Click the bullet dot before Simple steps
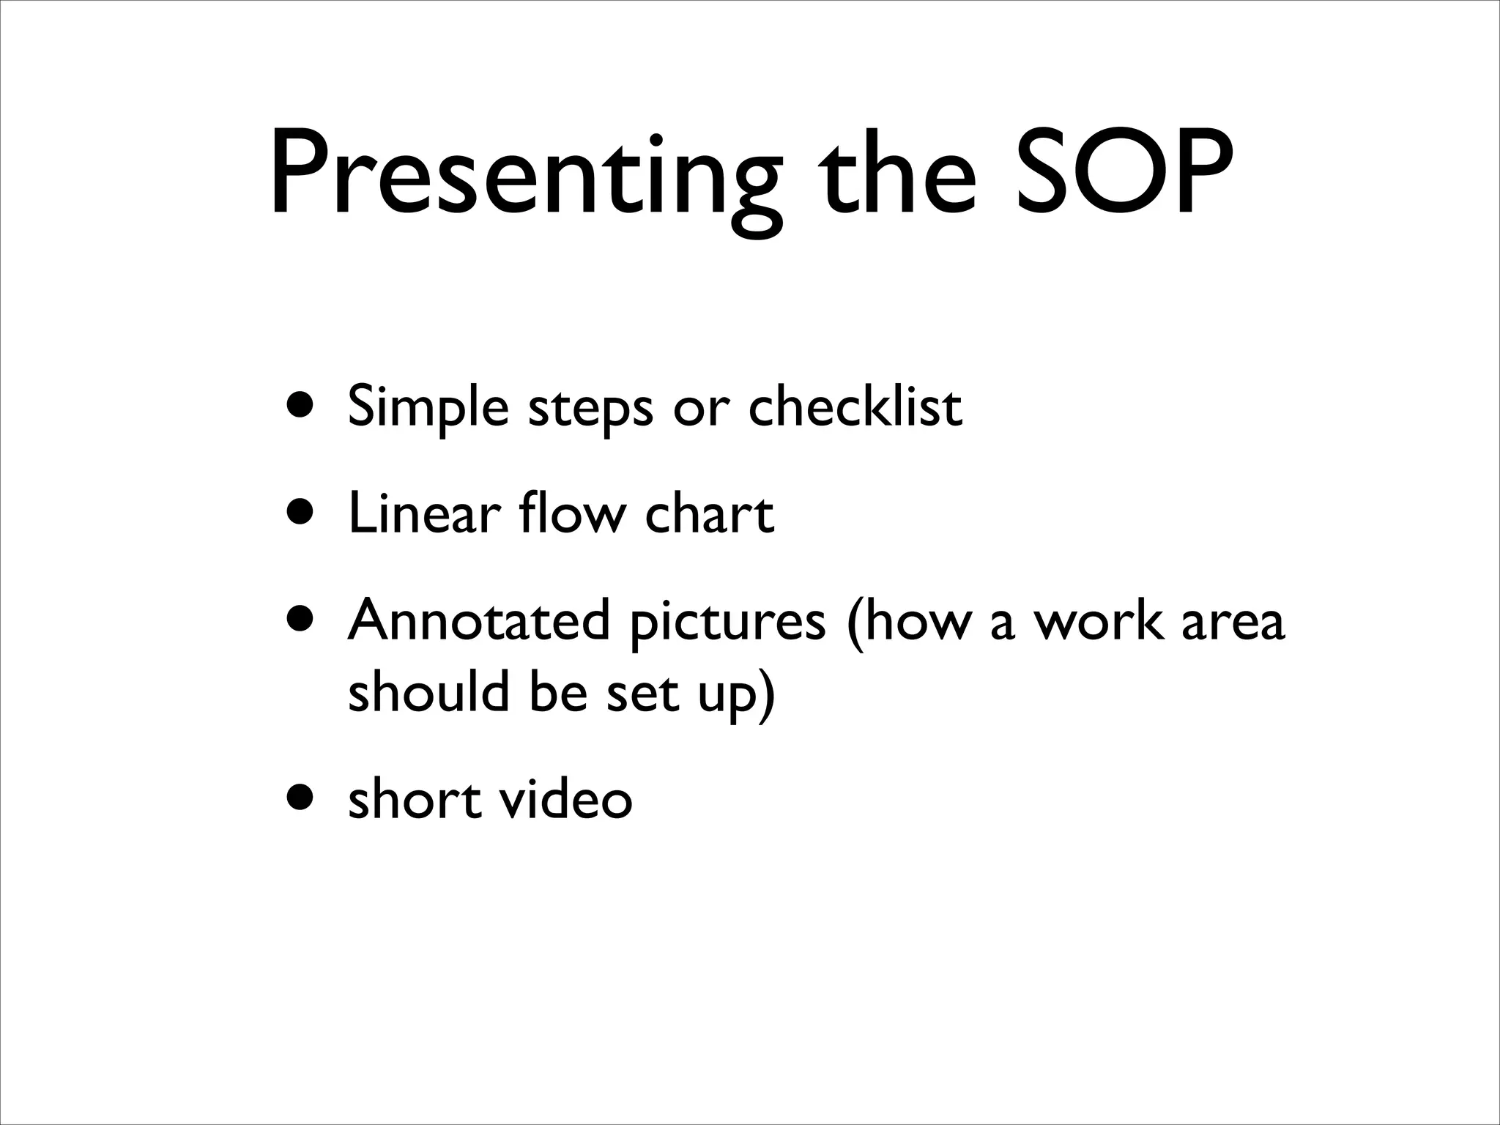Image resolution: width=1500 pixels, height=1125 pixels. [302, 406]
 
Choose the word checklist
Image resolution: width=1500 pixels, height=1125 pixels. [855, 406]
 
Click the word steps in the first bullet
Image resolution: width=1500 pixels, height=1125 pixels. [590, 410]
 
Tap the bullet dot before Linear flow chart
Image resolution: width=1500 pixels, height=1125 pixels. [302, 513]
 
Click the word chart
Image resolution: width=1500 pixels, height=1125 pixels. [709, 513]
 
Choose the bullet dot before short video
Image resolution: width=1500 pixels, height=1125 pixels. [302, 798]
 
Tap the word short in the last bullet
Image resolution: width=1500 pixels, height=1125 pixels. [414, 798]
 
